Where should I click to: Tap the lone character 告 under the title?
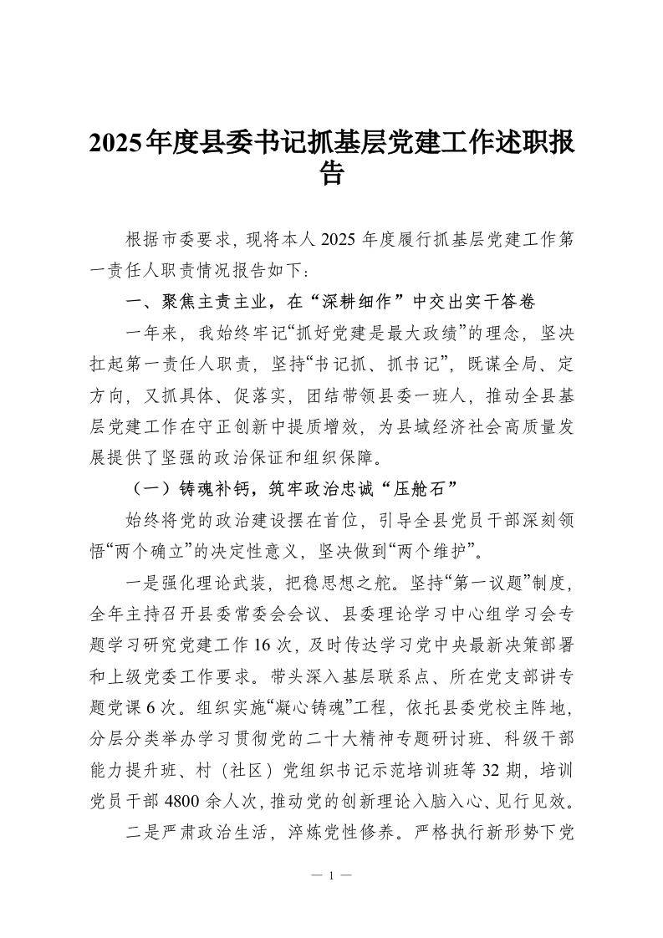(332, 175)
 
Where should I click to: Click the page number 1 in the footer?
(332, 876)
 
